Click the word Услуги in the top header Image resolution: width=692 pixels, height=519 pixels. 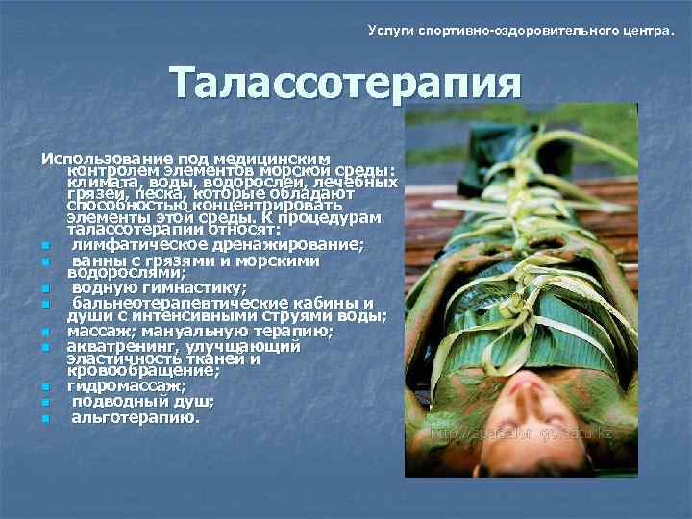(392, 32)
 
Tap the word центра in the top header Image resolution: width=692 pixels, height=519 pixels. (639, 32)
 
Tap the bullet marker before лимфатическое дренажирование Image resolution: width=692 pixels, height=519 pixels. (45, 247)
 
